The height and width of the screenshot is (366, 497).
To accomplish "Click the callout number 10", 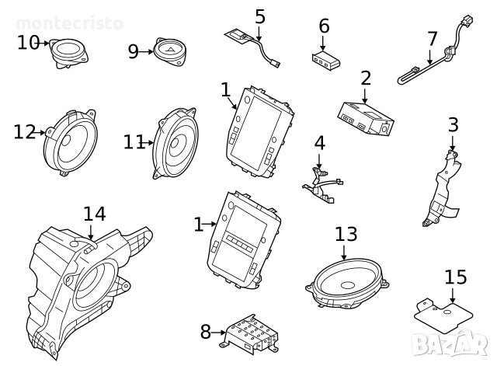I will tap(28, 42).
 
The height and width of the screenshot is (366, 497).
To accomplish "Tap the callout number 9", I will tap(133, 51).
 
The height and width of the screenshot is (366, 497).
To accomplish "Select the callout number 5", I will tap(259, 16).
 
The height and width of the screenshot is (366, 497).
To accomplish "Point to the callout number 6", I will tap(324, 26).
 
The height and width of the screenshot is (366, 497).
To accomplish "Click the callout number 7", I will tap(433, 38).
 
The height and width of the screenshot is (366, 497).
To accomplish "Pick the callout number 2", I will tap(365, 78).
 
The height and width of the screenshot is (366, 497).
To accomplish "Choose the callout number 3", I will tap(453, 124).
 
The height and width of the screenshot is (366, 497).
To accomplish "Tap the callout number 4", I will tap(319, 143).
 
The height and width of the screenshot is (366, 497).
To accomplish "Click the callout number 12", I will tap(24, 132).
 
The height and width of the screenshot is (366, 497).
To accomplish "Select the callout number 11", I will tap(134, 141).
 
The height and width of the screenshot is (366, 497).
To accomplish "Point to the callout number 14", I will tap(94, 213).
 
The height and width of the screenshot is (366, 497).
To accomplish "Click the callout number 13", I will tap(346, 233).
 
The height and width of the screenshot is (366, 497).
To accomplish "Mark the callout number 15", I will tap(455, 277).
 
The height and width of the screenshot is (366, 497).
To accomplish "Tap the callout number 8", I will tap(205, 333).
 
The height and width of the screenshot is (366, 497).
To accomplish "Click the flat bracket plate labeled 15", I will tap(440, 312).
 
